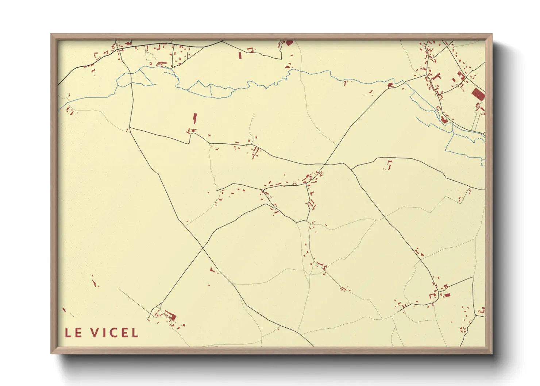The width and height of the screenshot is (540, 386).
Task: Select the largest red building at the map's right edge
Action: coord(478,94)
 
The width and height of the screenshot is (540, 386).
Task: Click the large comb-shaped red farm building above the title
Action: coord(170,315)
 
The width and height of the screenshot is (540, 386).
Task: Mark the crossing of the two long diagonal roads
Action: coord(202,248)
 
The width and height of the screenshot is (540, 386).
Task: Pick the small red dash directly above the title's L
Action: coord(64,310)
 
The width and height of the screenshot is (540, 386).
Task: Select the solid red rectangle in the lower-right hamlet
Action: coord(447,295)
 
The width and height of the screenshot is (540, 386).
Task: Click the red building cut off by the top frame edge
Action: coord(289,43)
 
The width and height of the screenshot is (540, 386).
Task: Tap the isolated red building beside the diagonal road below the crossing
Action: coord(212,270)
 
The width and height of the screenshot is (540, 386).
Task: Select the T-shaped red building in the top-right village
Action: coord(436,77)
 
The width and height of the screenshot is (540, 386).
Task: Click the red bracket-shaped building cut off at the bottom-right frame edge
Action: coord(482,310)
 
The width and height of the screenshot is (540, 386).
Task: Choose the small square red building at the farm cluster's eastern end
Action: coord(184,325)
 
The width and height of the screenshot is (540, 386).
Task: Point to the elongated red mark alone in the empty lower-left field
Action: coord(96,284)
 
